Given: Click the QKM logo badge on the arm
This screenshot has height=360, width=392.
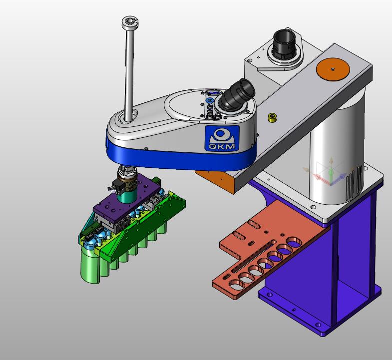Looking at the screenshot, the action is tap(222, 138).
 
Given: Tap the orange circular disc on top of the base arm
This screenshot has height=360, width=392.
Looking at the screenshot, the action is tap(333, 69).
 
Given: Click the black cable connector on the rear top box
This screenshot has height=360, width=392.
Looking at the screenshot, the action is tap(284, 44).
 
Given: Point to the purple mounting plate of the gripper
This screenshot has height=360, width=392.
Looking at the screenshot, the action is tap(126, 198).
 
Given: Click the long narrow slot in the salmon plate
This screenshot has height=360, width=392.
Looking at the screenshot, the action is tap(254, 256).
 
